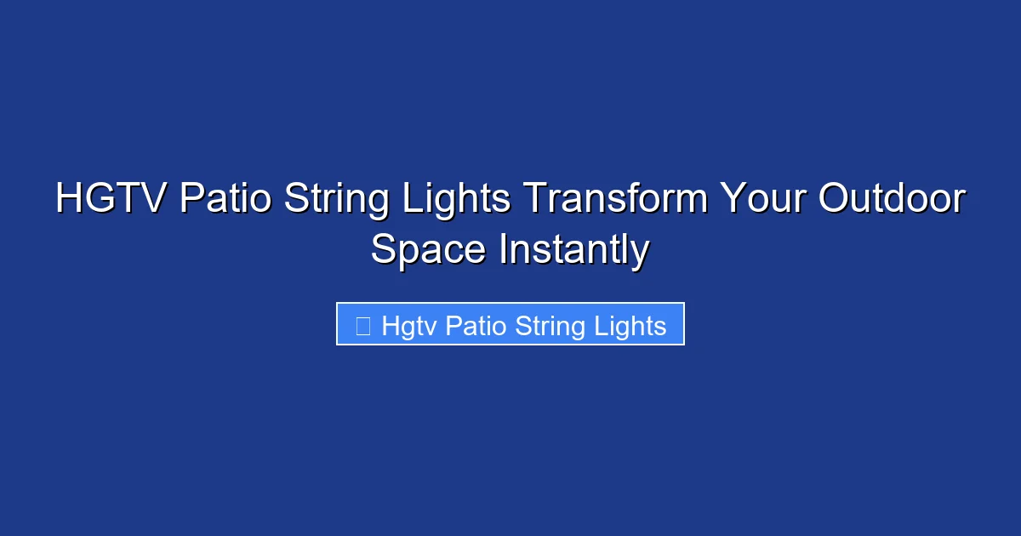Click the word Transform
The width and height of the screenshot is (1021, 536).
pos(615,200)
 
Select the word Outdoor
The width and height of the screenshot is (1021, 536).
pos(893,200)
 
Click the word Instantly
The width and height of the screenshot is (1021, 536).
pos(574,251)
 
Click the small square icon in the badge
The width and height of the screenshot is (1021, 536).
pos(362,325)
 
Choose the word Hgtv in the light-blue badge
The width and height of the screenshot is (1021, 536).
pos(409,325)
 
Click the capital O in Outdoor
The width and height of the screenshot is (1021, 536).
pos(836,200)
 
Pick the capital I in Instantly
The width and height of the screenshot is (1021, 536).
pos(504,251)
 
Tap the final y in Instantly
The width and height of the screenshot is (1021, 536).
pos(642,255)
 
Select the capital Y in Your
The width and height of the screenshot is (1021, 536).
pos(733,200)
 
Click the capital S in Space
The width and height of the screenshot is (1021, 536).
pos(383,251)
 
